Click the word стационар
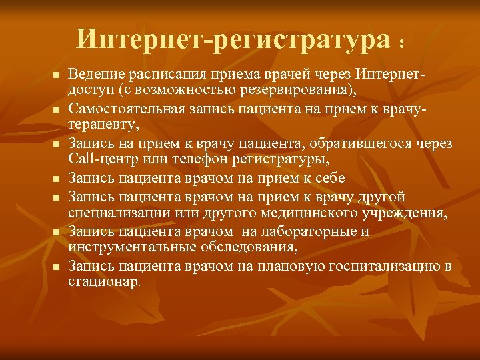pyautogui.click(x=104, y=283)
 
